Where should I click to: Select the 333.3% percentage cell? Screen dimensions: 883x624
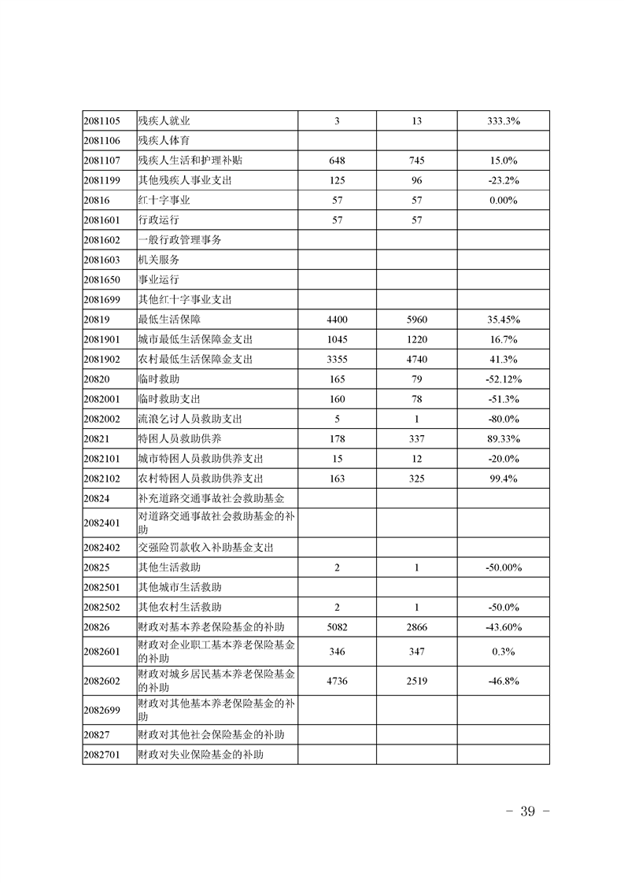[503, 121]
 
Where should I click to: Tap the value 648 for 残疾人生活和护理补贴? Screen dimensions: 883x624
[337, 161]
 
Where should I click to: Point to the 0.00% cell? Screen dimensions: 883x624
[503, 200]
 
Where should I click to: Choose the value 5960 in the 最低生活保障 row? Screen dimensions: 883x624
[416, 320]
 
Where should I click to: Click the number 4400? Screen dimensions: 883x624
[337, 320]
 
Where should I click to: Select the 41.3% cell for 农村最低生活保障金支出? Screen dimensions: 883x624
[503, 359]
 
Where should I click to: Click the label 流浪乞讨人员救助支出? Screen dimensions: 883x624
[190, 419]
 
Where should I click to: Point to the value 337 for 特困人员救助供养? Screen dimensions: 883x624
[416, 438]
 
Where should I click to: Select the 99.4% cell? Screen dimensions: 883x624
[503, 478]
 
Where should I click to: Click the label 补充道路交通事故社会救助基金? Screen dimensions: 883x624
[211, 498]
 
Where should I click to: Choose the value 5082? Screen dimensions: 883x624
[337, 626]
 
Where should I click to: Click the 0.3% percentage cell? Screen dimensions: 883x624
[503, 652]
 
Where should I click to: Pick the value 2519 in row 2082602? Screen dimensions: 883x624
[416, 681]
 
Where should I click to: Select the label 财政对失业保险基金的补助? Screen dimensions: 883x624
[200, 755]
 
